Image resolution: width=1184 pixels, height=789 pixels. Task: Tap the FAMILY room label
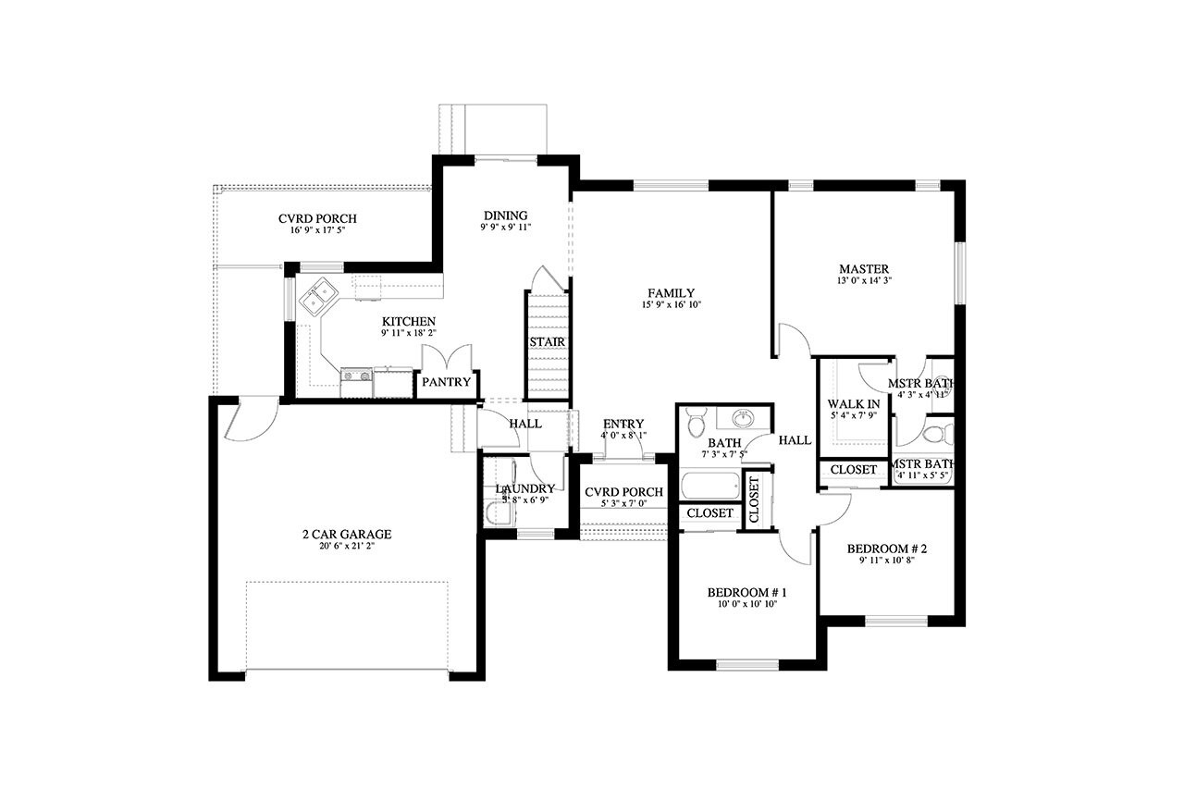(672, 293)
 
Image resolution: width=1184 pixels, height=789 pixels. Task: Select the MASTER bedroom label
(864, 269)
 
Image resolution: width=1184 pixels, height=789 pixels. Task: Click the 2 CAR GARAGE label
(346, 535)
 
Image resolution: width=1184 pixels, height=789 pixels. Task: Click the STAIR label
(547, 342)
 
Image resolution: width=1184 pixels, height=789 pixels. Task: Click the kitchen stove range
(356, 376)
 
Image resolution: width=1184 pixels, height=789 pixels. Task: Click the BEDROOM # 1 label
(746, 592)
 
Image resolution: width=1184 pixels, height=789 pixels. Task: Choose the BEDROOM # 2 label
(886, 549)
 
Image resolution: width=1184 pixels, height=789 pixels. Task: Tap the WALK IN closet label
(853, 404)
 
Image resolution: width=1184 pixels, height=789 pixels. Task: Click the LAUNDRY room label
(524, 488)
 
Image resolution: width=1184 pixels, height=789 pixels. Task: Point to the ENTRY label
(623, 425)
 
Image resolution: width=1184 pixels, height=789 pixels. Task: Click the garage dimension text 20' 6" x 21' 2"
(346, 547)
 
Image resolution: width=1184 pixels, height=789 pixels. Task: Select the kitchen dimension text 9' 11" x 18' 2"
(408, 333)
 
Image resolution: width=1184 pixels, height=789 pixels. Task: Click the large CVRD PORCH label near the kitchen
(317, 219)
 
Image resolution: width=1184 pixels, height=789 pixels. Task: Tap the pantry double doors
(446, 358)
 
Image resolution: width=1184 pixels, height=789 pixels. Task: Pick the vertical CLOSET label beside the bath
(754, 500)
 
